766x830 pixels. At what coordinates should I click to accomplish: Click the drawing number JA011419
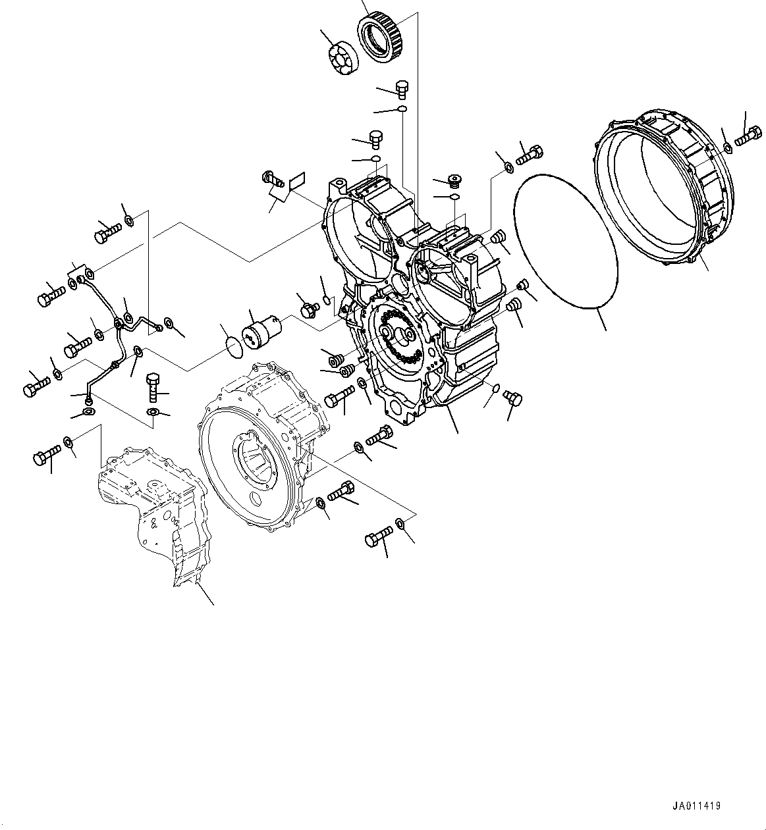pyautogui.click(x=697, y=806)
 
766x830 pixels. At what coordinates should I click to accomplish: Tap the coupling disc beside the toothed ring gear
pyautogui.click(x=342, y=57)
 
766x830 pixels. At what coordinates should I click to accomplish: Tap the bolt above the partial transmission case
pyautogui.click(x=45, y=455)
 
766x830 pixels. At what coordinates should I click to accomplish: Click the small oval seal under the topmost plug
pyautogui.click(x=402, y=109)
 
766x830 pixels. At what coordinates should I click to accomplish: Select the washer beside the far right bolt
pyautogui.click(x=727, y=147)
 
